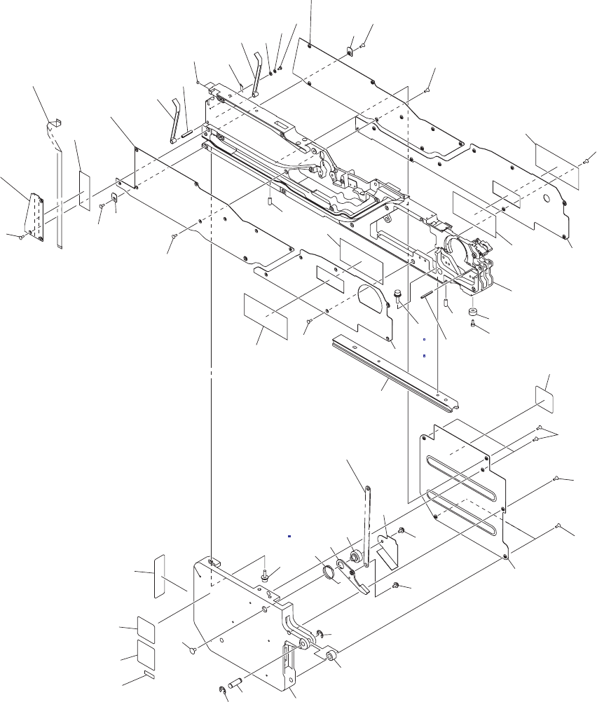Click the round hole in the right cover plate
546,198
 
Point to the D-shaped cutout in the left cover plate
373,298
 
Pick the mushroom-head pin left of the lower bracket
191,651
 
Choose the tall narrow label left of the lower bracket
159,576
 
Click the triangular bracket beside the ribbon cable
35,214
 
